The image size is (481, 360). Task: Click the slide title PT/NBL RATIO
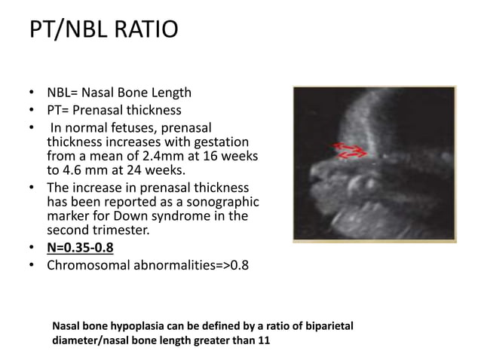click(103, 31)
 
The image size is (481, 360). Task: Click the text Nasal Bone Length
click(136, 93)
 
